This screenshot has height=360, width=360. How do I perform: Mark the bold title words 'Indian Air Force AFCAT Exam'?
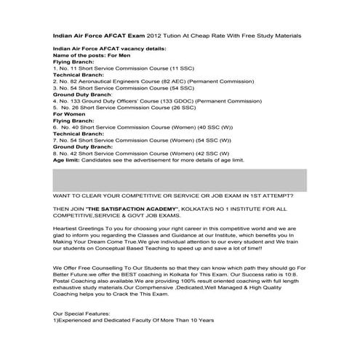99,35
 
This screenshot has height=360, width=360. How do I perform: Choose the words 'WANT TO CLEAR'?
76,196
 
